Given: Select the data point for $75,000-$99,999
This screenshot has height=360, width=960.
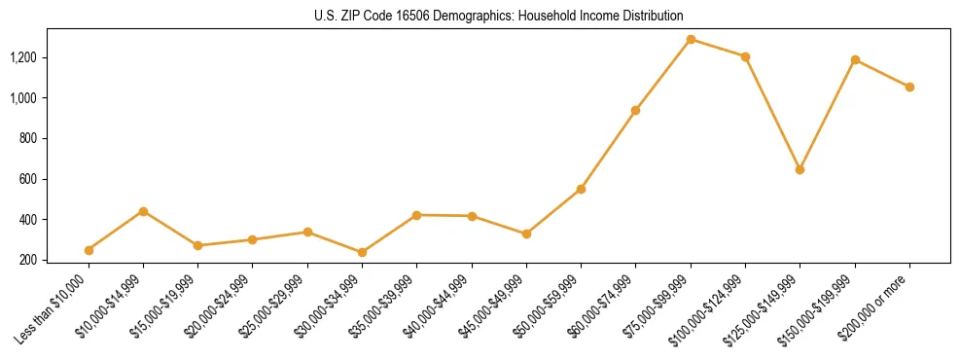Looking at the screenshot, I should pyautogui.click(x=691, y=40).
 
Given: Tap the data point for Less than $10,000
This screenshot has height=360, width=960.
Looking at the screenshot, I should pyautogui.click(x=89, y=250).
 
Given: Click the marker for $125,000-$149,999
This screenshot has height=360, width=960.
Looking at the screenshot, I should pyautogui.click(x=800, y=169).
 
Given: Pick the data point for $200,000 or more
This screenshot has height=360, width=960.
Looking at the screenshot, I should pyautogui.click(x=909, y=87).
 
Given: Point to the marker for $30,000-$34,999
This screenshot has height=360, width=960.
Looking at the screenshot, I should pyautogui.click(x=362, y=252).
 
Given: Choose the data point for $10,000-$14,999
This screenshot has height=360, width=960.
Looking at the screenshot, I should pyautogui.click(x=143, y=211).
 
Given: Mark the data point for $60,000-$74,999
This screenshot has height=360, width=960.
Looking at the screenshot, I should pyautogui.click(x=635, y=110).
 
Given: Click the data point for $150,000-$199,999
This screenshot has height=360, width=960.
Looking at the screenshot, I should pyautogui.click(x=855, y=60).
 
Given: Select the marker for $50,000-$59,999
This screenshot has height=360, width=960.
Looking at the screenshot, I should pyautogui.click(x=581, y=189).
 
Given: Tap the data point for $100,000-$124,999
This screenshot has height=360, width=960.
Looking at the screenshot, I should pyautogui.click(x=745, y=56).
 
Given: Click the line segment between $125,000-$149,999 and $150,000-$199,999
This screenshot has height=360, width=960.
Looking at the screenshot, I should pyautogui.click(x=827, y=115).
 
